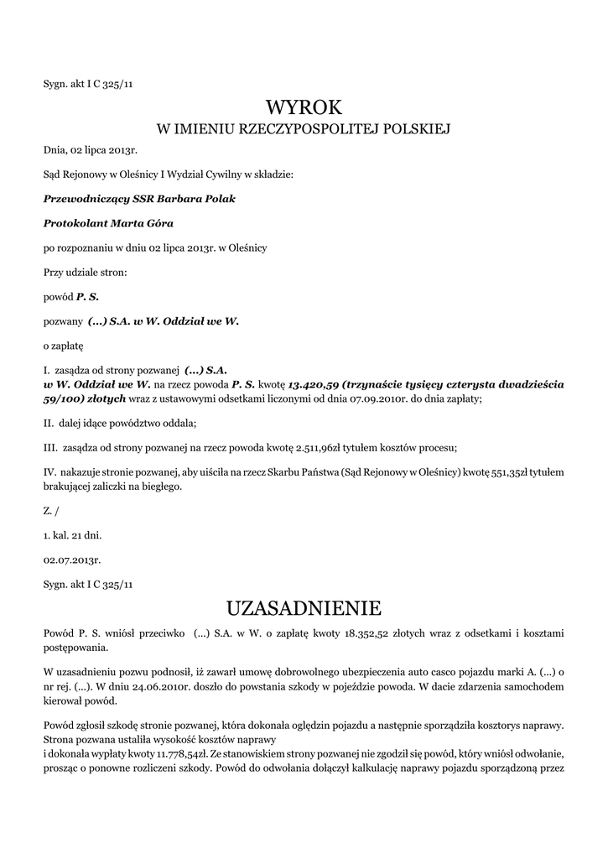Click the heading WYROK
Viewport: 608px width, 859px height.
304,107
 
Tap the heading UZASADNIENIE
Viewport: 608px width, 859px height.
304,607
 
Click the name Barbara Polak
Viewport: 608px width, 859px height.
201,200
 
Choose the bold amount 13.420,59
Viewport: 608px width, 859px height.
312,383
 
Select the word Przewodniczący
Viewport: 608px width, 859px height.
84,200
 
